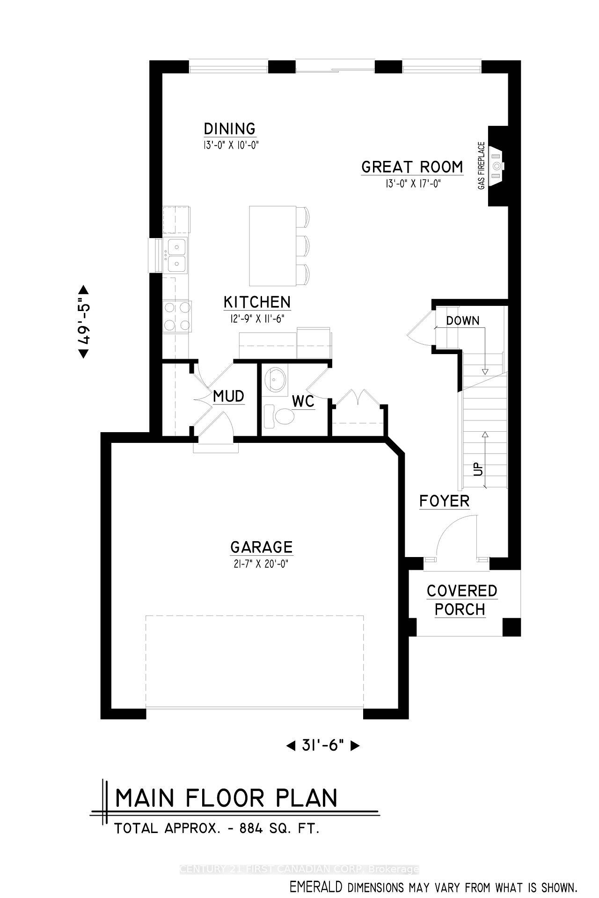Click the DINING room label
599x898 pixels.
(230, 129)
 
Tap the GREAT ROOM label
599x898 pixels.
(412, 167)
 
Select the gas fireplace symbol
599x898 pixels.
(497, 165)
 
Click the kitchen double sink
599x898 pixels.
(175, 254)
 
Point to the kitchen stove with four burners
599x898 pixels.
(177, 316)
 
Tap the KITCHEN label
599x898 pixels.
(257, 302)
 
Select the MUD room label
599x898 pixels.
(228, 396)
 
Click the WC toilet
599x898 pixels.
(279, 416)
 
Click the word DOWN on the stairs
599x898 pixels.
(462, 321)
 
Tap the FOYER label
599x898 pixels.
(444, 501)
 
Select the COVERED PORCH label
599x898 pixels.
(461, 600)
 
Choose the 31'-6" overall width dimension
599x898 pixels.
(322, 746)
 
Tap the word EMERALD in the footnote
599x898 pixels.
(316, 887)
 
